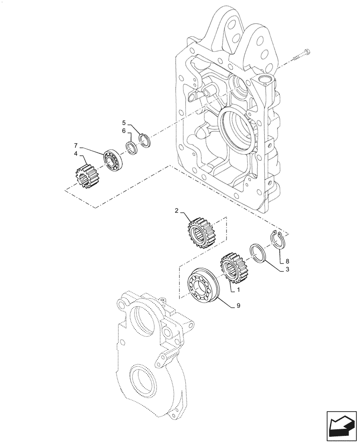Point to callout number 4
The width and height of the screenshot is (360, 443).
(x=76, y=154)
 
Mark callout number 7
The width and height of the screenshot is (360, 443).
(x=76, y=145)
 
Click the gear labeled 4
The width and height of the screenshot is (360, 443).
(x=87, y=176)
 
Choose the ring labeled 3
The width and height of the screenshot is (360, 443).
(x=257, y=253)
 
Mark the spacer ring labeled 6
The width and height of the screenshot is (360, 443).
(x=131, y=147)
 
